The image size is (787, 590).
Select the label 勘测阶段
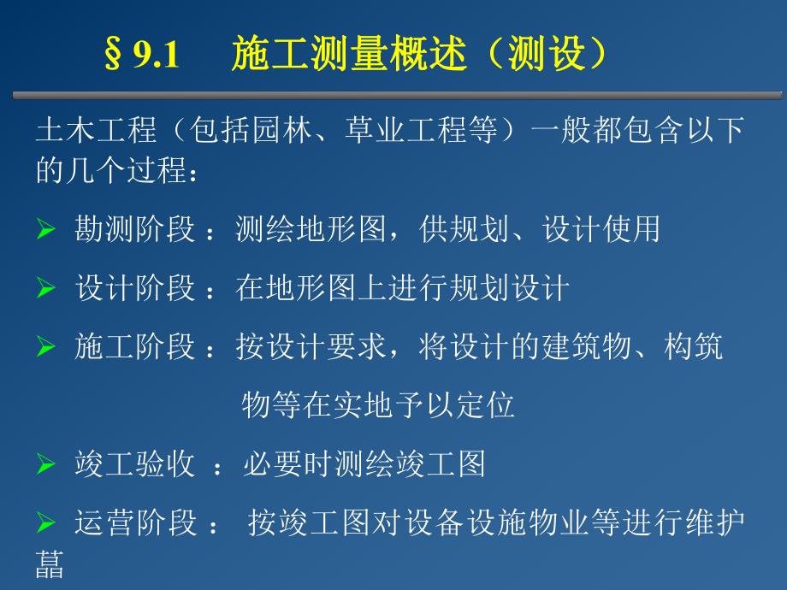coord(135,230)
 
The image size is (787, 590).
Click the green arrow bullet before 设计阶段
coord(45,289)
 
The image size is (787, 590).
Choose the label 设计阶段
coord(135,288)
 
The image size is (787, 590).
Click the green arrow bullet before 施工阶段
coord(45,348)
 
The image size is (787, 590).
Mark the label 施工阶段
coord(135,347)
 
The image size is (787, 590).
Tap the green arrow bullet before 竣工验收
coord(45,465)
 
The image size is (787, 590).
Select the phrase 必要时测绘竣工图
coord(364,463)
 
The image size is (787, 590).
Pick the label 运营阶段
coord(135,522)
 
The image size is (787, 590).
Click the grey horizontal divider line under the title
coord(393,94)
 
